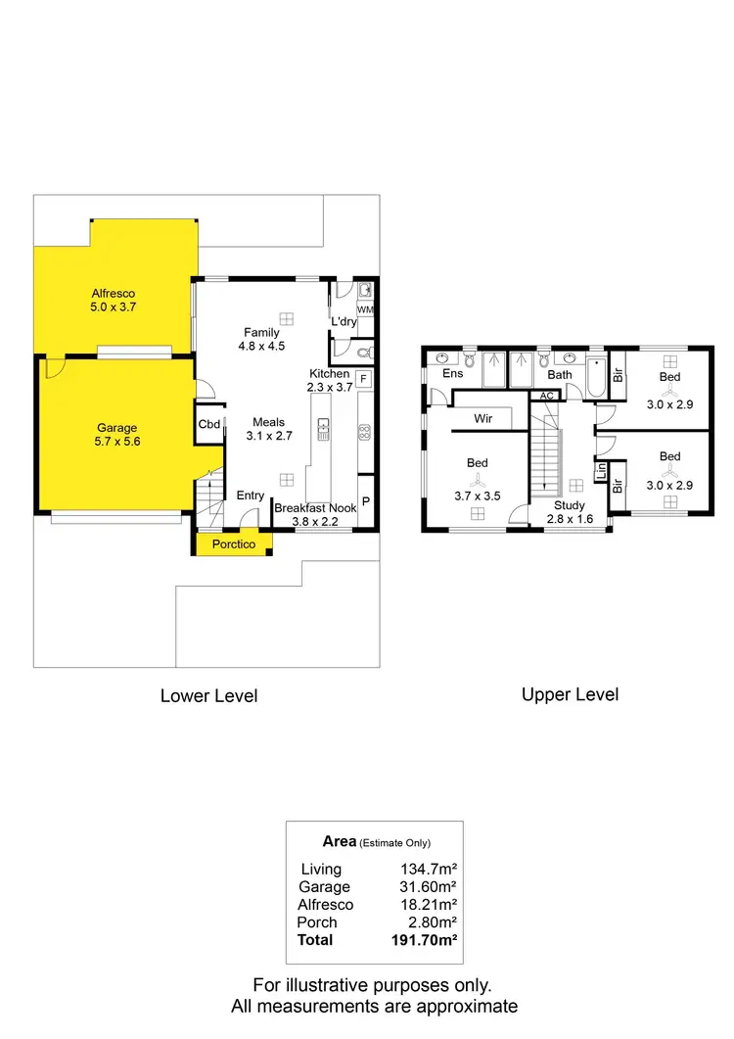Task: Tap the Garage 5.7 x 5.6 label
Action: pyautogui.click(x=116, y=435)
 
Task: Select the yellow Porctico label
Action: pyautogui.click(x=233, y=544)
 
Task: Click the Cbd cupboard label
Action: pyautogui.click(x=208, y=424)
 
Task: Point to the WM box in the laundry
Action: pyautogui.click(x=364, y=310)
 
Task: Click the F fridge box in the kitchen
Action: pyautogui.click(x=363, y=379)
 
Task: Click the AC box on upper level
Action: pyautogui.click(x=546, y=396)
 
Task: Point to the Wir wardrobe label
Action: pyautogui.click(x=482, y=418)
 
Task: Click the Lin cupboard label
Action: pyautogui.click(x=602, y=471)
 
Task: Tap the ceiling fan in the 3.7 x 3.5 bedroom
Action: pyautogui.click(x=477, y=480)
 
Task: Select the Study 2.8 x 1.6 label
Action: pyautogui.click(x=570, y=512)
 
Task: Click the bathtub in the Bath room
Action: pyautogui.click(x=595, y=376)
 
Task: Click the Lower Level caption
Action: pyautogui.click(x=208, y=695)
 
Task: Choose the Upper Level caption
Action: pyautogui.click(x=570, y=694)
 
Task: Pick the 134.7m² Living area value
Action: pyautogui.click(x=426, y=869)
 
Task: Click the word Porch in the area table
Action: pyautogui.click(x=316, y=921)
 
